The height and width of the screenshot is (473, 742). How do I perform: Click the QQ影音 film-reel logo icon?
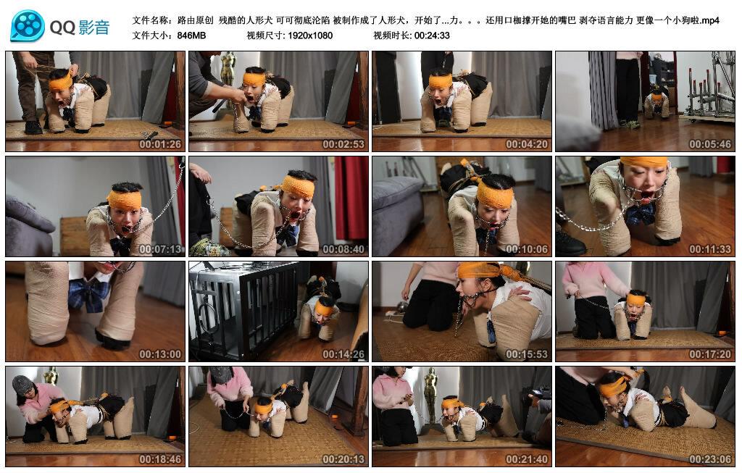pyautogui.click(x=28, y=27)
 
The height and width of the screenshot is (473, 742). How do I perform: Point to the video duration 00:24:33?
pyautogui.click(x=432, y=35)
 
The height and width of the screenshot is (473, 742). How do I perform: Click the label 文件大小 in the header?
pyautogui.click(x=150, y=35)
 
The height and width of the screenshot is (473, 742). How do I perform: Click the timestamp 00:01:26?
pyautogui.click(x=160, y=144)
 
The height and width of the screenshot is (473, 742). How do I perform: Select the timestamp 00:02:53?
pyautogui.click(x=343, y=144)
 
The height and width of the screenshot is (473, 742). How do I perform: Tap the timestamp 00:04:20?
pyautogui.click(x=527, y=144)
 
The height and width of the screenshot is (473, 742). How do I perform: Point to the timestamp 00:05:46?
pyautogui.click(x=710, y=144)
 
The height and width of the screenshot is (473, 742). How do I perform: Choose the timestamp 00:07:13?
pyautogui.click(x=160, y=249)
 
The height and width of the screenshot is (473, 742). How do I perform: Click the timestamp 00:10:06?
pyautogui.click(x=527, y=249)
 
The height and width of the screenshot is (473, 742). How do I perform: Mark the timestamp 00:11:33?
pyautogui.click(x=710, y=249)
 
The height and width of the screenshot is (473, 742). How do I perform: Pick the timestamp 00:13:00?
pyautogui.click(x=160, y=354)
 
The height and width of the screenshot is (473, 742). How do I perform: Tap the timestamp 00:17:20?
pyautogui.click(x=710, y=354)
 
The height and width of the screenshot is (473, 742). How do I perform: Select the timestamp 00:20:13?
pyautogui.click(x=343, y=459)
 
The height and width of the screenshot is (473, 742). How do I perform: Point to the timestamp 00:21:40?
pyautogui.click(x=527, y=459)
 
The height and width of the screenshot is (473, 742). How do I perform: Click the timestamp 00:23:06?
pyautogui.click(x=710, y=459)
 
